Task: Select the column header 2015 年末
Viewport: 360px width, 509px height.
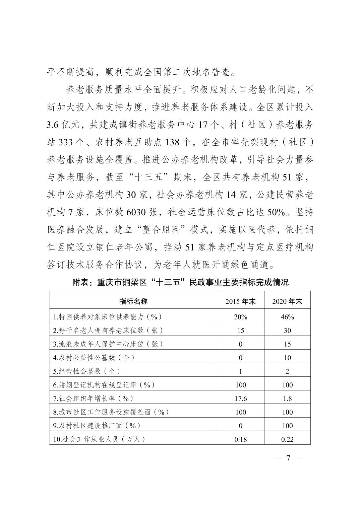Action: click(240, 301)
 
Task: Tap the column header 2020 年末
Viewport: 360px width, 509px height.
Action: click(287, 301)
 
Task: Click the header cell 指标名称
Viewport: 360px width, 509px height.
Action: click(133, 301)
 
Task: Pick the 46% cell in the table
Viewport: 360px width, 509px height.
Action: click(287, 317)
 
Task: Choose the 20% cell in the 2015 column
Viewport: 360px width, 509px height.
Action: click(240, 317)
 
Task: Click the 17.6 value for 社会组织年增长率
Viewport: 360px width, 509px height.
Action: click(240, 398)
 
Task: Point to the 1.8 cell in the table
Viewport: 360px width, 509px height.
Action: click(287, 398)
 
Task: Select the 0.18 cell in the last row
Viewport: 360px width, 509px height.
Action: click(240, 439)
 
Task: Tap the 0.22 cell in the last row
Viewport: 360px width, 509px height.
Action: click(287, 439)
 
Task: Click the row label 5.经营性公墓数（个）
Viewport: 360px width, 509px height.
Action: click(86, 371)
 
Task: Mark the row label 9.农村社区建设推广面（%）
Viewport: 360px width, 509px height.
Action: click(97, 426)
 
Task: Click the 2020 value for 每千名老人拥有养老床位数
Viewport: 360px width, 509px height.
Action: click(287, 331)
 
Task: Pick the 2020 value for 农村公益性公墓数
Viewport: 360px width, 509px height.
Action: click(287, 358)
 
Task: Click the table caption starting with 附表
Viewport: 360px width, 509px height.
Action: click(180, 282)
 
